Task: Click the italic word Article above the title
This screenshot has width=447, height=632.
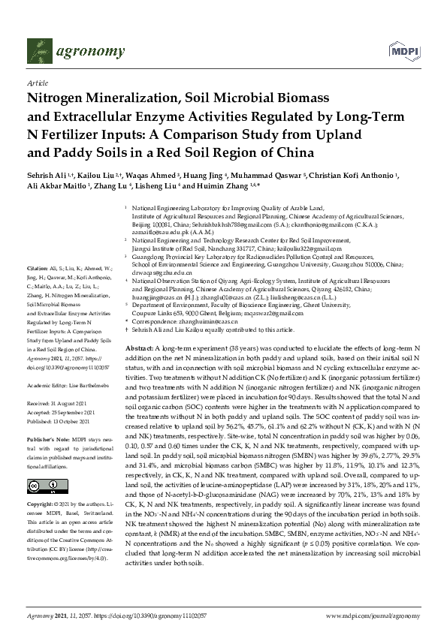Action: coord(37,84)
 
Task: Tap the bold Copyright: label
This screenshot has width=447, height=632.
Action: coord(42,504)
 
